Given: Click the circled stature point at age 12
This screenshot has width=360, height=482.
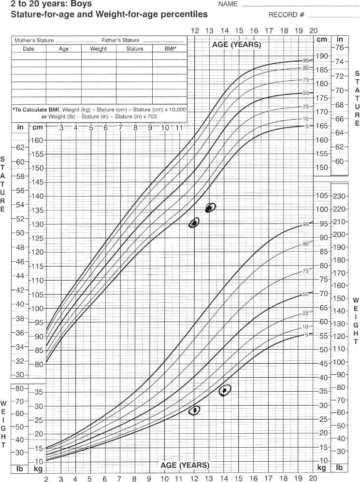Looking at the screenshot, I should click(194, 223).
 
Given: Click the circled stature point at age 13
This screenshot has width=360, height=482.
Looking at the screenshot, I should click(209, 208).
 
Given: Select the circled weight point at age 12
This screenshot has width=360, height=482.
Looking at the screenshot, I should click(195, 410).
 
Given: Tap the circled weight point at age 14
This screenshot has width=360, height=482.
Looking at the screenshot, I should click(224, 390).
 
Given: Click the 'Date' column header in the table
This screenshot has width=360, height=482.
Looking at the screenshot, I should click(28, 49).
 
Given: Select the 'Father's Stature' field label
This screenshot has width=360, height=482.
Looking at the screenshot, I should click(120, 41).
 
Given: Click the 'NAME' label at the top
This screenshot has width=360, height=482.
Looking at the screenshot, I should click(228, 4).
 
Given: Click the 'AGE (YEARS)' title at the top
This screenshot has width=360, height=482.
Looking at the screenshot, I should click(236, 44).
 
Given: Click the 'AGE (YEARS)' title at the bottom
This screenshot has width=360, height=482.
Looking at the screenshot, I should click(186, 465).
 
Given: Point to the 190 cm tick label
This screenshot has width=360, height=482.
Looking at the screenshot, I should click(321, 56).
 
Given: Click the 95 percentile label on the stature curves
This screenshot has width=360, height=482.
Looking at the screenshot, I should click(305, 60).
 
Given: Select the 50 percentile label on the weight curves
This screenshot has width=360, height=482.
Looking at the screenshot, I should click(305, 294).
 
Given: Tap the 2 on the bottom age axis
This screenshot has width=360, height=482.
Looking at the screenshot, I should click(46, 479).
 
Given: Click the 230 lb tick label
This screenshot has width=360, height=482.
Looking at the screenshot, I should click(340, 196).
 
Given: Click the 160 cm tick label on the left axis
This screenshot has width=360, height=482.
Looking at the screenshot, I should click(38, 140).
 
